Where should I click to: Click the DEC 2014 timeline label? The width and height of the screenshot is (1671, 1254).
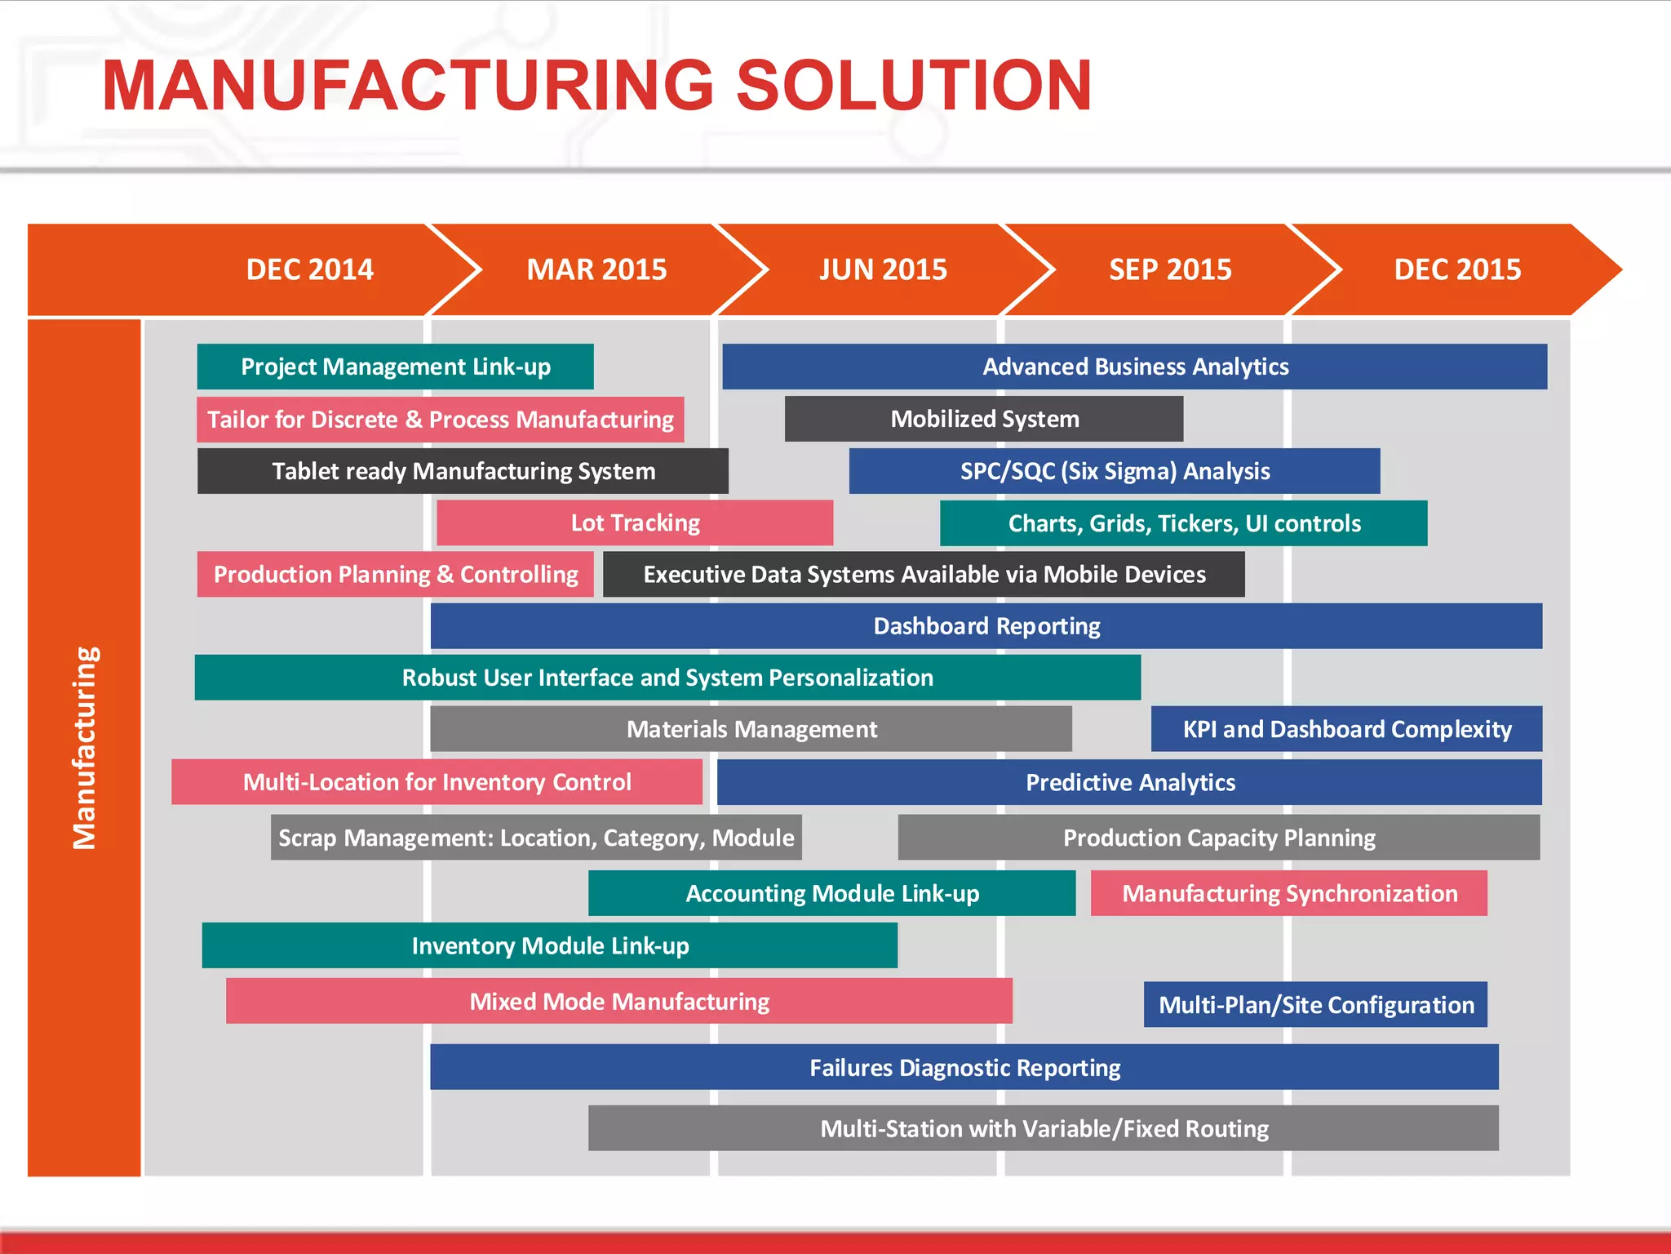click(x=310, y=269)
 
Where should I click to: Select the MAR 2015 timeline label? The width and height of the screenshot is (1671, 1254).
click(x=596, y=269)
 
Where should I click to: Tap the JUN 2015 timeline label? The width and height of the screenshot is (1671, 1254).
click(x=883, y=269)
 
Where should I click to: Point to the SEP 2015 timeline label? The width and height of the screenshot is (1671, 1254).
click(x=1170, y=269)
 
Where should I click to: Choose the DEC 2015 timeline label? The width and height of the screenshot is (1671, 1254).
click(x=1457, y=269)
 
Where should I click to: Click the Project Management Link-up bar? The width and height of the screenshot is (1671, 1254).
click(x=395, y=367)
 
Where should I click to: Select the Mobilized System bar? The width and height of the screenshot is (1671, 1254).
click(x=984, y=419)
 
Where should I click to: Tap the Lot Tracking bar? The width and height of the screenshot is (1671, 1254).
click(x=635, y=522)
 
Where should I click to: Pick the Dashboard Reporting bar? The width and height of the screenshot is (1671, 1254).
click(x=986, y=626)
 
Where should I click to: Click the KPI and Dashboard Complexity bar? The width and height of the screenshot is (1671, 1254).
click(x=1346, y=729)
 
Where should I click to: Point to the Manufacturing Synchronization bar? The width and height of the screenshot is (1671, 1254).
click(x=1289, y=893)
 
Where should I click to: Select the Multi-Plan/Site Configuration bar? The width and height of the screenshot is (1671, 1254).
click(x=1315, y=1004)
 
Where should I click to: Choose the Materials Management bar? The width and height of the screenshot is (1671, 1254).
click(x=751, y=729)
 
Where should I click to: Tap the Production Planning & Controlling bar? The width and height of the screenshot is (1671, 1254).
click(x=395, y=574)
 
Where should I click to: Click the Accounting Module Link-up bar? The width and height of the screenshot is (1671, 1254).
click(x=831, y=893)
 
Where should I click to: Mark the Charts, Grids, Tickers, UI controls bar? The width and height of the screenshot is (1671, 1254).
click(x=1183, y=522)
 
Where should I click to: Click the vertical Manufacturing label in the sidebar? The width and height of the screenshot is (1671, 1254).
click(x=85, y=747)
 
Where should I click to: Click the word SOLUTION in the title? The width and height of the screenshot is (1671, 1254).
click(x=914, y=86)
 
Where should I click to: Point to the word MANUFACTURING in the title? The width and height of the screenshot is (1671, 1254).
click(x=408, y=86)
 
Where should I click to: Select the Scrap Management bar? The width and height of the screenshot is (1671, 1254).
click(x=536, y=838)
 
